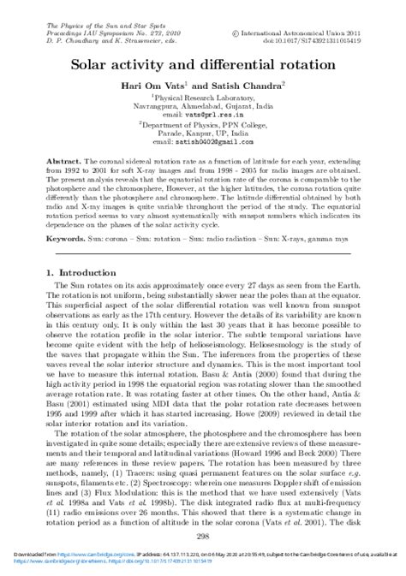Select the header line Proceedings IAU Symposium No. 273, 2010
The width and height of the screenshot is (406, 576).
click(x=92, y=33)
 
